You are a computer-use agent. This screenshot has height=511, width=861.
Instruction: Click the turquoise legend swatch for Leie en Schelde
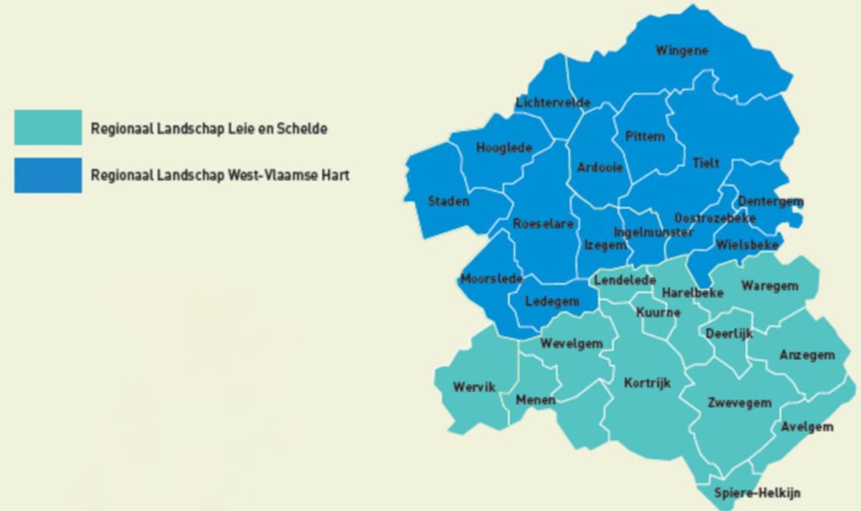48,127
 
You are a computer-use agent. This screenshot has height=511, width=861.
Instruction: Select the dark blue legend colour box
48,175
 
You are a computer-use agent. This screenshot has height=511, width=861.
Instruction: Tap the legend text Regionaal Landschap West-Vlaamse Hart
220,175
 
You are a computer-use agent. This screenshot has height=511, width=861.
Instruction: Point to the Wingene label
682,50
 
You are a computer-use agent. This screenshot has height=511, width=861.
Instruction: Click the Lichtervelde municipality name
553,102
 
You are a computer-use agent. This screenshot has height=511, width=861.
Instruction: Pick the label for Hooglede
504,148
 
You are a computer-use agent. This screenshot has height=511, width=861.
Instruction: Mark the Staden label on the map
449,201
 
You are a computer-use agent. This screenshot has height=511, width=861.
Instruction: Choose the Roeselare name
543,223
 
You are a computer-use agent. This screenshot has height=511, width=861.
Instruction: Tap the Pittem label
645,136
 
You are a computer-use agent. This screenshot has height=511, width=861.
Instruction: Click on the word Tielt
706,162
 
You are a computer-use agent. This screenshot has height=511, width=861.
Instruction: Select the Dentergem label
771,201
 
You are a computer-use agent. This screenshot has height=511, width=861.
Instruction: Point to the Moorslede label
491,279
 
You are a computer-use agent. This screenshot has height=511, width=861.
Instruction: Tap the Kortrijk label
647,383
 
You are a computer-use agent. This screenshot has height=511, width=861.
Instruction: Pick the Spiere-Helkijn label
758,493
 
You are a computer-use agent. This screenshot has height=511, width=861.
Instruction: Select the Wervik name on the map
474,387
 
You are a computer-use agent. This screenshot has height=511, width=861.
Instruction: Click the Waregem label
770,285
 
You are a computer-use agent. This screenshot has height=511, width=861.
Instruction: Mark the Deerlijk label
729,334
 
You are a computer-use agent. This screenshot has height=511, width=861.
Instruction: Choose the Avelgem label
807,427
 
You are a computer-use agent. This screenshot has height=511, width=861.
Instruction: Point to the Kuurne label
658,313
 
